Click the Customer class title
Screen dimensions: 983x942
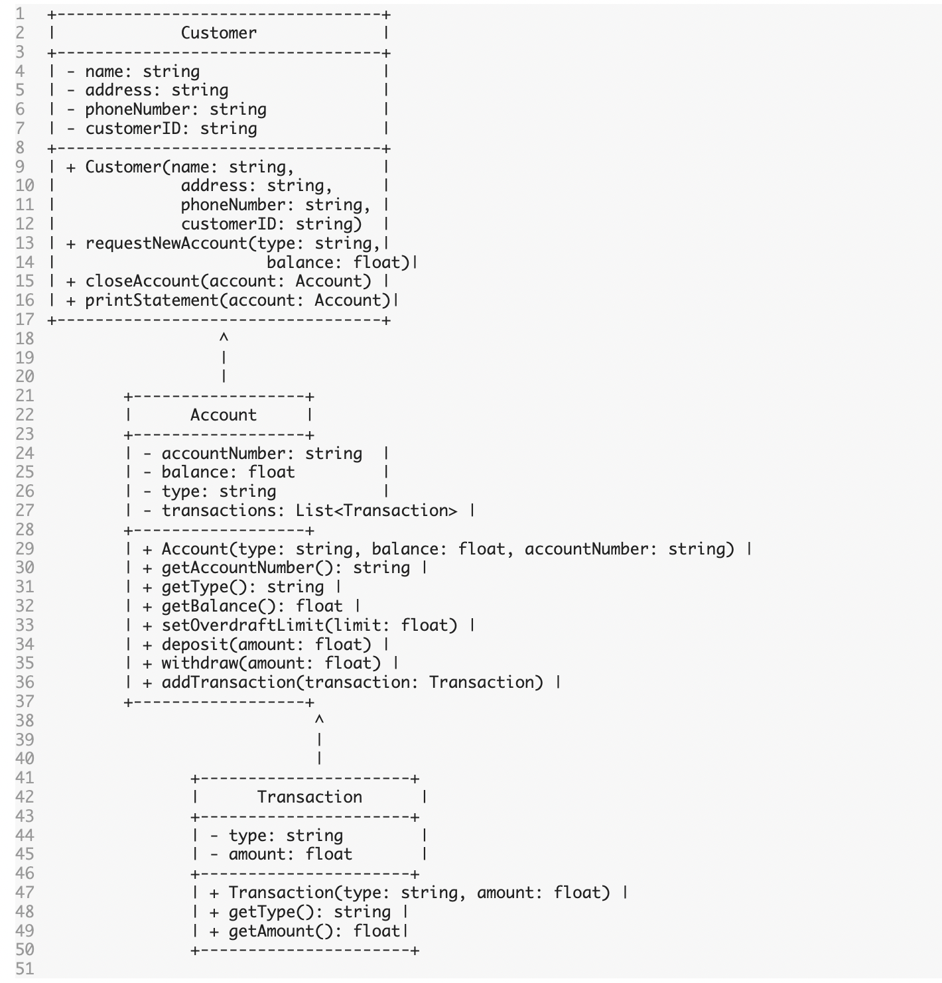218,33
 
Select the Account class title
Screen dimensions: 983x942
223,415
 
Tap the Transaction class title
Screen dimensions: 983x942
309,797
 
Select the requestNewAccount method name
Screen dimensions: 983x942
166,243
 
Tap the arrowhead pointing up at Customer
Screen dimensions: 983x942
224,338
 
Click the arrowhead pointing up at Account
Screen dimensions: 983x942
319,720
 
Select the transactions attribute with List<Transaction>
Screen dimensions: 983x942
309,511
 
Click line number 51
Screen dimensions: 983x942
25,969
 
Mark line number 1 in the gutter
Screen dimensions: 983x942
20,14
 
